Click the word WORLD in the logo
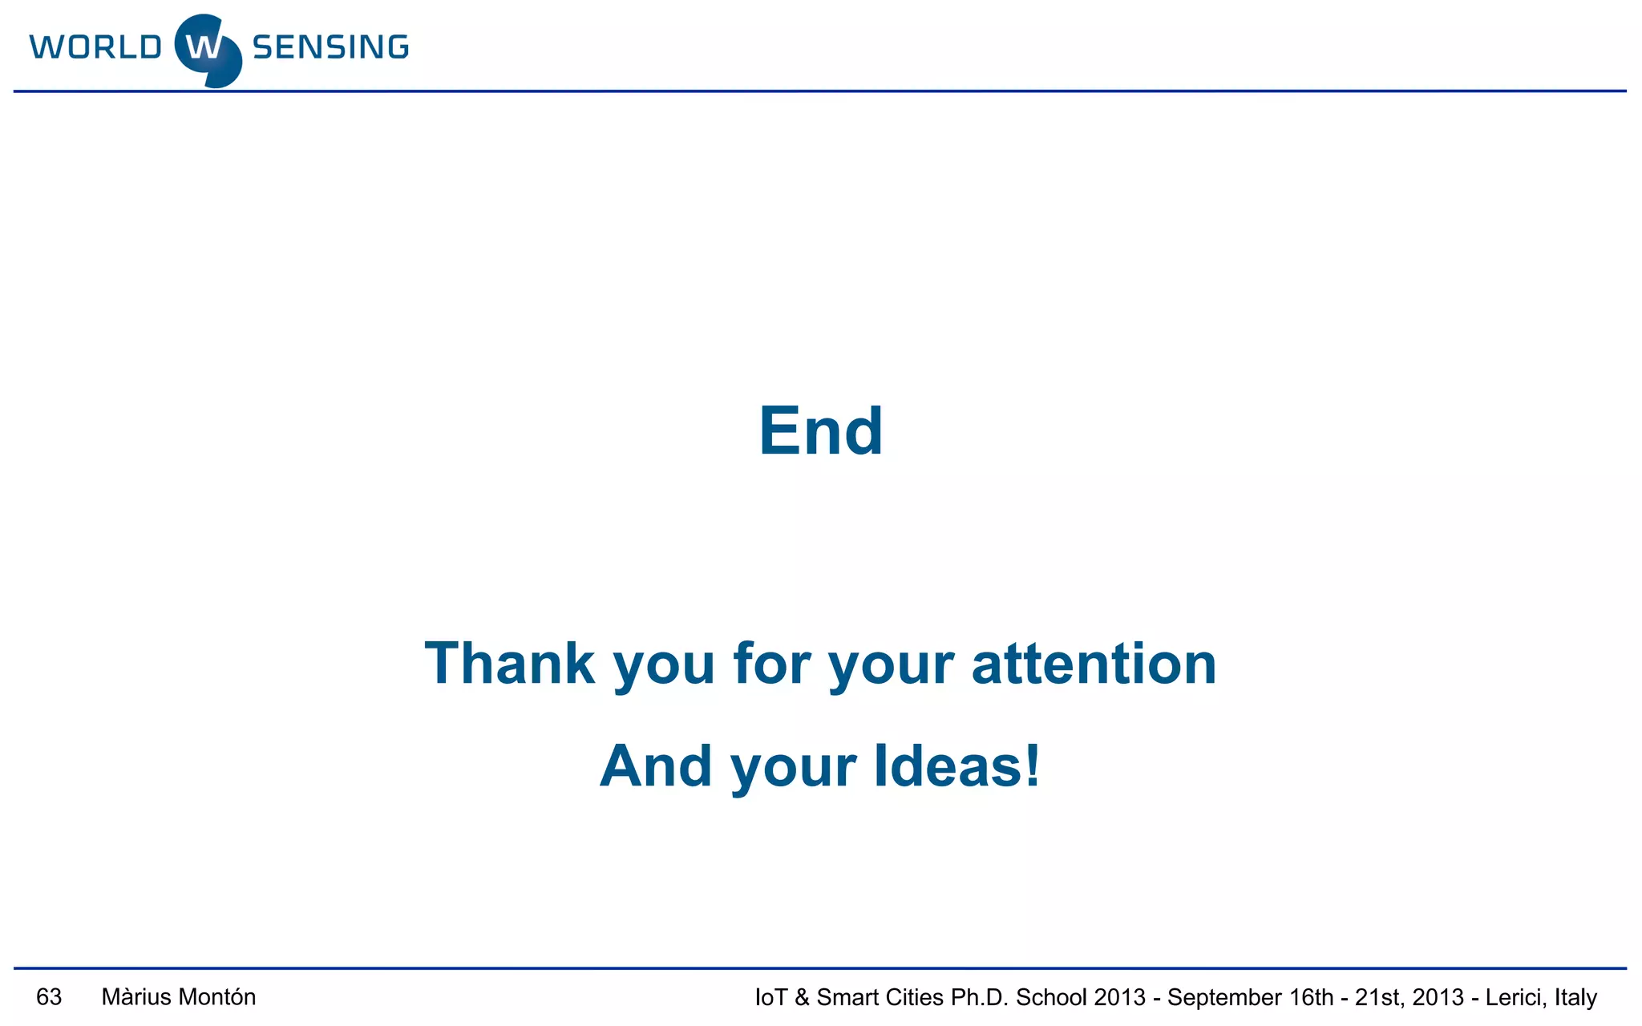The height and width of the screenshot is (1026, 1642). click(x=95, y=47)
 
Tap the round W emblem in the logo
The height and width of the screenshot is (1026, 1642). click(x=208, y=50)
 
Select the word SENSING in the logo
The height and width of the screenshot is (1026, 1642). click(x=330, y=47)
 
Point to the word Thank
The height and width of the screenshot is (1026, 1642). click(x=510, y=664)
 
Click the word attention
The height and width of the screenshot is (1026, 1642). click(x=1094, y=664)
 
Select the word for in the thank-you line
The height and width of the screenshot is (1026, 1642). click(x=770, y=664)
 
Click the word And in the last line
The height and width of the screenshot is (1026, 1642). click(x=656, y=765)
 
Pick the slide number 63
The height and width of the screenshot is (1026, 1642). click(x=49, y=997)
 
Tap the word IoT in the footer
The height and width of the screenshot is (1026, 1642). click(x=770, y=998)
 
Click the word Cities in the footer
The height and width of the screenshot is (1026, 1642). click(x=916, y=998)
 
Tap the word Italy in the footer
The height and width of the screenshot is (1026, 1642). click(x=1575, y=998)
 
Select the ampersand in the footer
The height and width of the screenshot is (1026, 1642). click(x=802, y=998)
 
